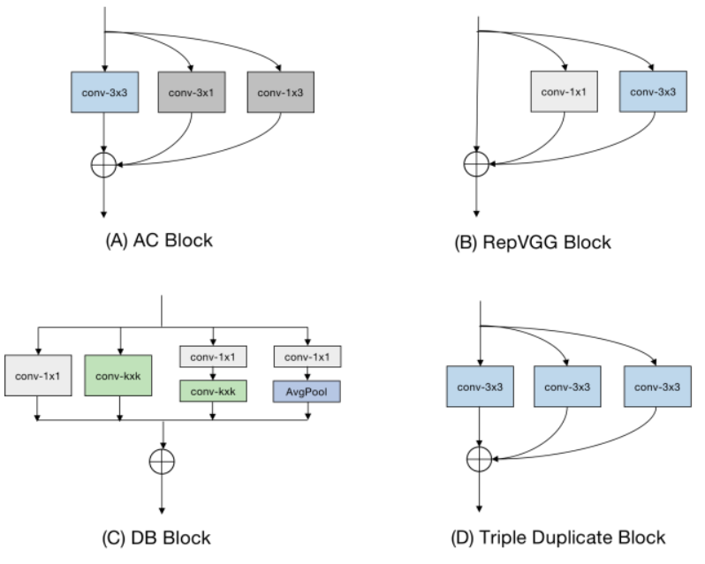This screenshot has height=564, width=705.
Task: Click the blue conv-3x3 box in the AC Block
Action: (x=104, y=92)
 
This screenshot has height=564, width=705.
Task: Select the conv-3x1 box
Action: (x=191, y=92)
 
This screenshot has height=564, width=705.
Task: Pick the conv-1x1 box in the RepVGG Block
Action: (x=564, y=92)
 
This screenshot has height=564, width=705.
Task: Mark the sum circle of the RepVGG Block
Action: (x=477, y=164)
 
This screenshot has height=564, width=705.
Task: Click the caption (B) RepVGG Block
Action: (x=533, y=241)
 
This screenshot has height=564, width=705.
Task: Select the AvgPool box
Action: (x=308, y=389)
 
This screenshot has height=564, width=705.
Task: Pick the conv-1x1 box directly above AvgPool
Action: (x=308, y=357)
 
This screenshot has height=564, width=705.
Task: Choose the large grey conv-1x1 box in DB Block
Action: (x=37, y=379)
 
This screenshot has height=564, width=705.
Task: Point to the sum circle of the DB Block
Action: (x=163, y=461)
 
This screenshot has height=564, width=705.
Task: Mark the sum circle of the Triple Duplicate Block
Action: (x=477, y=458)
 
